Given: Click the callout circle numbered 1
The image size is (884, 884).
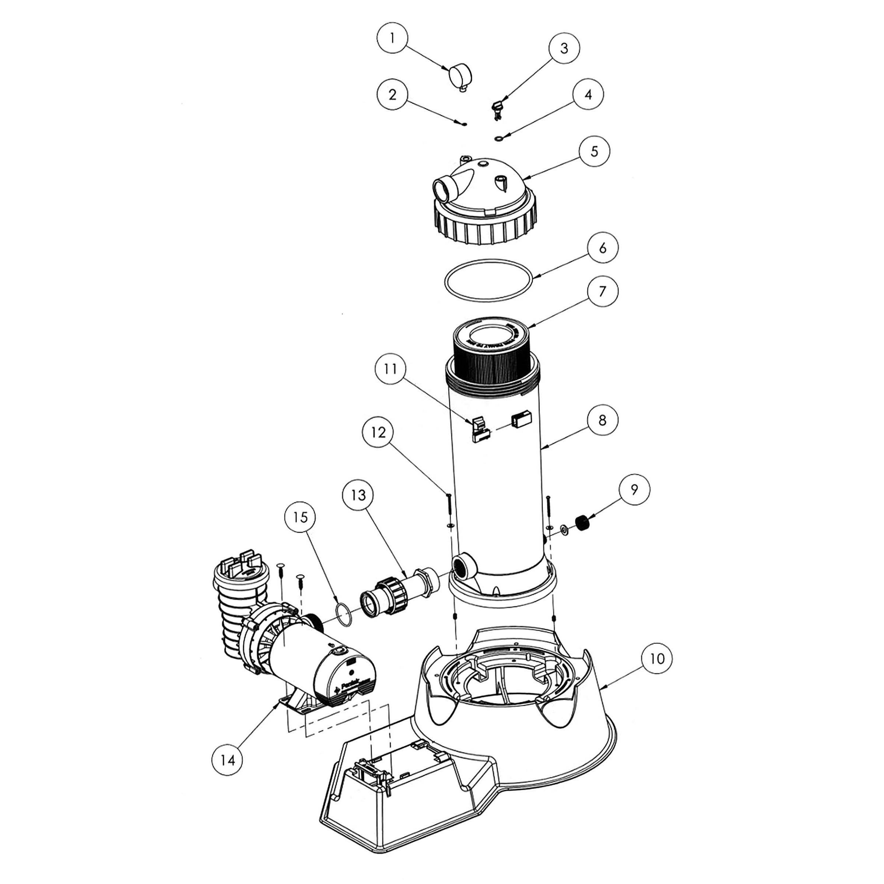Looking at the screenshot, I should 392,38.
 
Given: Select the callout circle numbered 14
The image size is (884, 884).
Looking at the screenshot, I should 227,760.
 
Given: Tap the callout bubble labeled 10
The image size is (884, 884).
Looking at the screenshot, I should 657,659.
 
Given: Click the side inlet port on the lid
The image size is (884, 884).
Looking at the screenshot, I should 442,189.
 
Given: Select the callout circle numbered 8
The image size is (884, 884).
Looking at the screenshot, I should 602,420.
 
